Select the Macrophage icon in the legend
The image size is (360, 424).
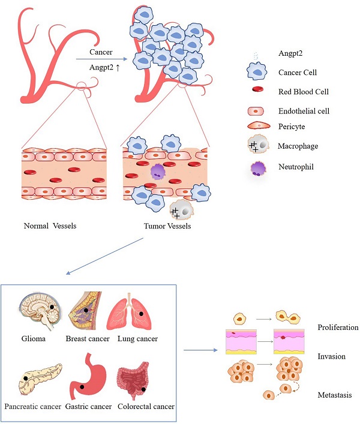coord(257,146)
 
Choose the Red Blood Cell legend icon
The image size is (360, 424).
coord(257,91)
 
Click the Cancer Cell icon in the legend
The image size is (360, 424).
coord(257,72)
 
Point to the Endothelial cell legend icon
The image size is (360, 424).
coord(257,111)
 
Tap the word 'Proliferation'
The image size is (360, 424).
coord(338,327)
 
